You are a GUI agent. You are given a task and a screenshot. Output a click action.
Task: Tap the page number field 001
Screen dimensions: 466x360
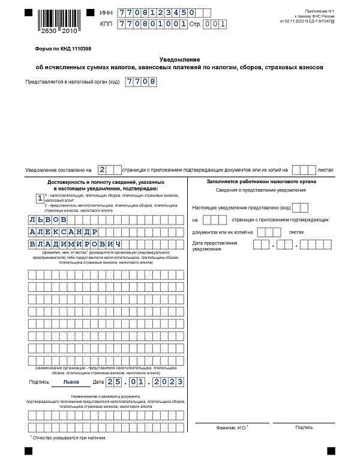click(215, 24)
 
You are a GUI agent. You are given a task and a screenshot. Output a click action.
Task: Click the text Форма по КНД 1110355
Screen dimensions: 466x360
click(59, 47)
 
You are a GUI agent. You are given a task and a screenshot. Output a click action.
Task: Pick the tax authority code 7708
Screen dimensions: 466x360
click(140, 81)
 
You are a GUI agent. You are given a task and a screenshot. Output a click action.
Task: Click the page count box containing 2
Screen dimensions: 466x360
click(102, 170)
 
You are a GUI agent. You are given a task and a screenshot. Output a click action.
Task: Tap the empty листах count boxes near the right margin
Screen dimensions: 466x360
click(304, 170)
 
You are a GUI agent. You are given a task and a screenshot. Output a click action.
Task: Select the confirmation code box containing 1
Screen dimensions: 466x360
click(40, 198)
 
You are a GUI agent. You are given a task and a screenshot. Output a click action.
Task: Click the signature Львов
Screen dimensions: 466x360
click(71, 382)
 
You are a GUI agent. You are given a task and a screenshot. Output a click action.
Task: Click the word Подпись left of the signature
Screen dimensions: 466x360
click(39, 382)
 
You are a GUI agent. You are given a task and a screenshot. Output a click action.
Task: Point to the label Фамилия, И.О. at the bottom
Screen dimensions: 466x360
click(232, 428)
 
